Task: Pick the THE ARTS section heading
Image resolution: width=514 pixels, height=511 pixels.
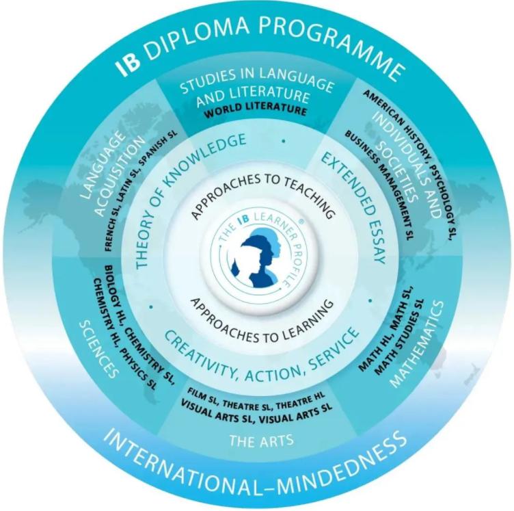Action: pyautogui.click(x=261, y=441)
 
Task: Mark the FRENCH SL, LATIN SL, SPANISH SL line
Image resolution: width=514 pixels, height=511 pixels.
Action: pyautogui.click(x=140, y=190)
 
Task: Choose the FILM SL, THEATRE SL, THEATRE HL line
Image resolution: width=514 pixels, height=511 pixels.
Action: pyautogui.click(x=256, y=399)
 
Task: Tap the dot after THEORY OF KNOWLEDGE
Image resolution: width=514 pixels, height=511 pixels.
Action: pyautogui.click(x=284, y=142)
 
